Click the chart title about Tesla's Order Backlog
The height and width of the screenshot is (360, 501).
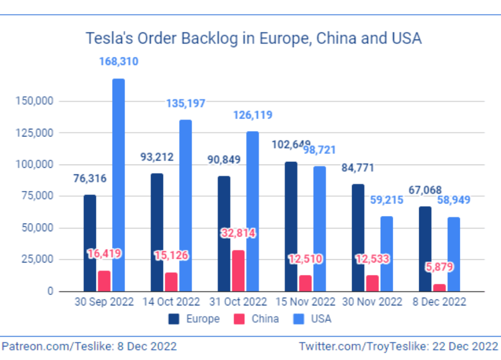coord(253,38)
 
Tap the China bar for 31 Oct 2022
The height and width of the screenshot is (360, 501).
coord(238,271)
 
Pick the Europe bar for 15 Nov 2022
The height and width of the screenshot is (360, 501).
coord(291,226)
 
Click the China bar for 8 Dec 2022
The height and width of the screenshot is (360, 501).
coord(439,287)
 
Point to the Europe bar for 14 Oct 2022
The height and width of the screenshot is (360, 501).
coord(157,232)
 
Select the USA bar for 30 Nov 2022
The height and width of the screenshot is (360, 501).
coord(387,253)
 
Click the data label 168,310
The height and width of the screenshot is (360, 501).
coord(119,62)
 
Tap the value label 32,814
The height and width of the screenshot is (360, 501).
coord(238,233)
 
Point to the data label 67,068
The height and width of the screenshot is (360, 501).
coord(425,190)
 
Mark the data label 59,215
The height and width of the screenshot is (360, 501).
coord(387,200)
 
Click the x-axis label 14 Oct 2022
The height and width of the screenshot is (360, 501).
coord(171,302)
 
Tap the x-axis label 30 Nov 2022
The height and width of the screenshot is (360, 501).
coord(373,302)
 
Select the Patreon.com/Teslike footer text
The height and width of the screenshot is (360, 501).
coord(89,346)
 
